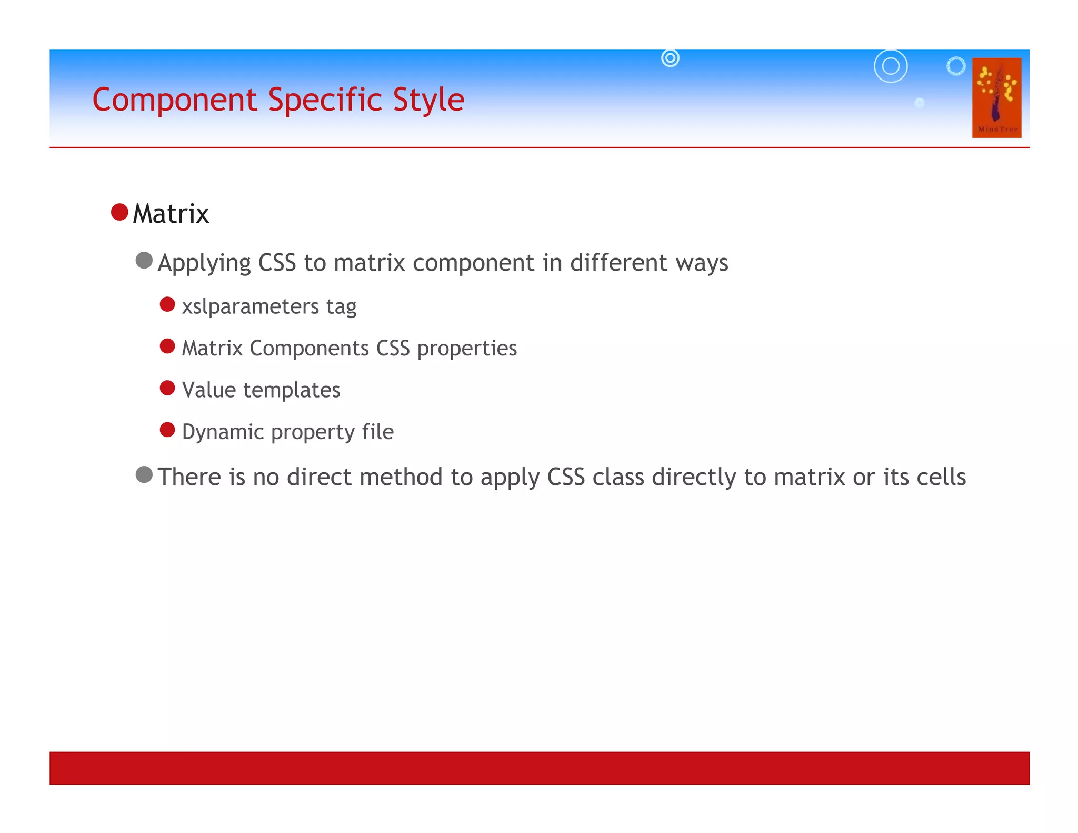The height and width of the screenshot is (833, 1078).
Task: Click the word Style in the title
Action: [x=428, y=100]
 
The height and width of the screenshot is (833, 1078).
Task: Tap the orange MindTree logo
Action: [x=996, y=98]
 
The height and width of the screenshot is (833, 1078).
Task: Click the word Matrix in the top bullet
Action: [x=171, y=214]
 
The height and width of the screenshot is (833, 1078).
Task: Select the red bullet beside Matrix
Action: [x=120, y=212]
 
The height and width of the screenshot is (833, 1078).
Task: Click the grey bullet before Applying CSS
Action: [x=144, y=260]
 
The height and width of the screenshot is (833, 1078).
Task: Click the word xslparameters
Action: [x=250, y=306]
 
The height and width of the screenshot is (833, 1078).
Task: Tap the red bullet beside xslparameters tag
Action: [x=167, y=304]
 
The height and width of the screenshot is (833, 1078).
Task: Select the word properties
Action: [x=467, y=349]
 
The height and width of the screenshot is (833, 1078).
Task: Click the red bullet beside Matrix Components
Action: [x=167, y=346]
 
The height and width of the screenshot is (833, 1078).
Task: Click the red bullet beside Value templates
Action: [x=167, y=388]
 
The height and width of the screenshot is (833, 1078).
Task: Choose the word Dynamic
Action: [x=223, y=432]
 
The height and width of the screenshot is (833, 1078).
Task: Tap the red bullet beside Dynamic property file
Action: [x=167, y=430]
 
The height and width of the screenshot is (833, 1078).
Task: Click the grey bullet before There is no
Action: [x=144, y=474]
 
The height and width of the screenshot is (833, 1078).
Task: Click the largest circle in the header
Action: [x=891, y=66]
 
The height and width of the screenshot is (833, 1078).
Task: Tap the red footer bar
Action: [x=539, y=768]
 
